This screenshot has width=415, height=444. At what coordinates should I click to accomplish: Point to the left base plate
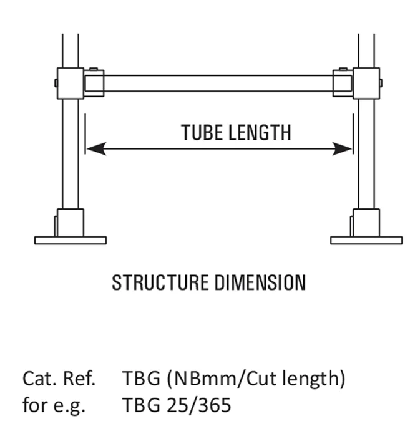[x=70, y=240]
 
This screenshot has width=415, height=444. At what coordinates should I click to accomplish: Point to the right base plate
[x=366, y=240]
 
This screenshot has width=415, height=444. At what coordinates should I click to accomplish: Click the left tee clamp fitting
[x=71, y=83]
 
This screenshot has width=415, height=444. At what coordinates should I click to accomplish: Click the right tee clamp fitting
[x=366, y=83]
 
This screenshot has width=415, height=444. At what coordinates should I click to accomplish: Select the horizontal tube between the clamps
[x=218, y=84]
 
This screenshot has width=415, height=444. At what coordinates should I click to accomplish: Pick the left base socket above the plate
[x=70, y=222]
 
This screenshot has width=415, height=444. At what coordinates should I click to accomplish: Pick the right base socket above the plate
[x=366, y=222]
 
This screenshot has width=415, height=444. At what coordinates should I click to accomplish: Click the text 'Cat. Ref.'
[x=59, y=379]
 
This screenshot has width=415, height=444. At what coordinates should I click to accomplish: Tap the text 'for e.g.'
[x=54, y=405]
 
